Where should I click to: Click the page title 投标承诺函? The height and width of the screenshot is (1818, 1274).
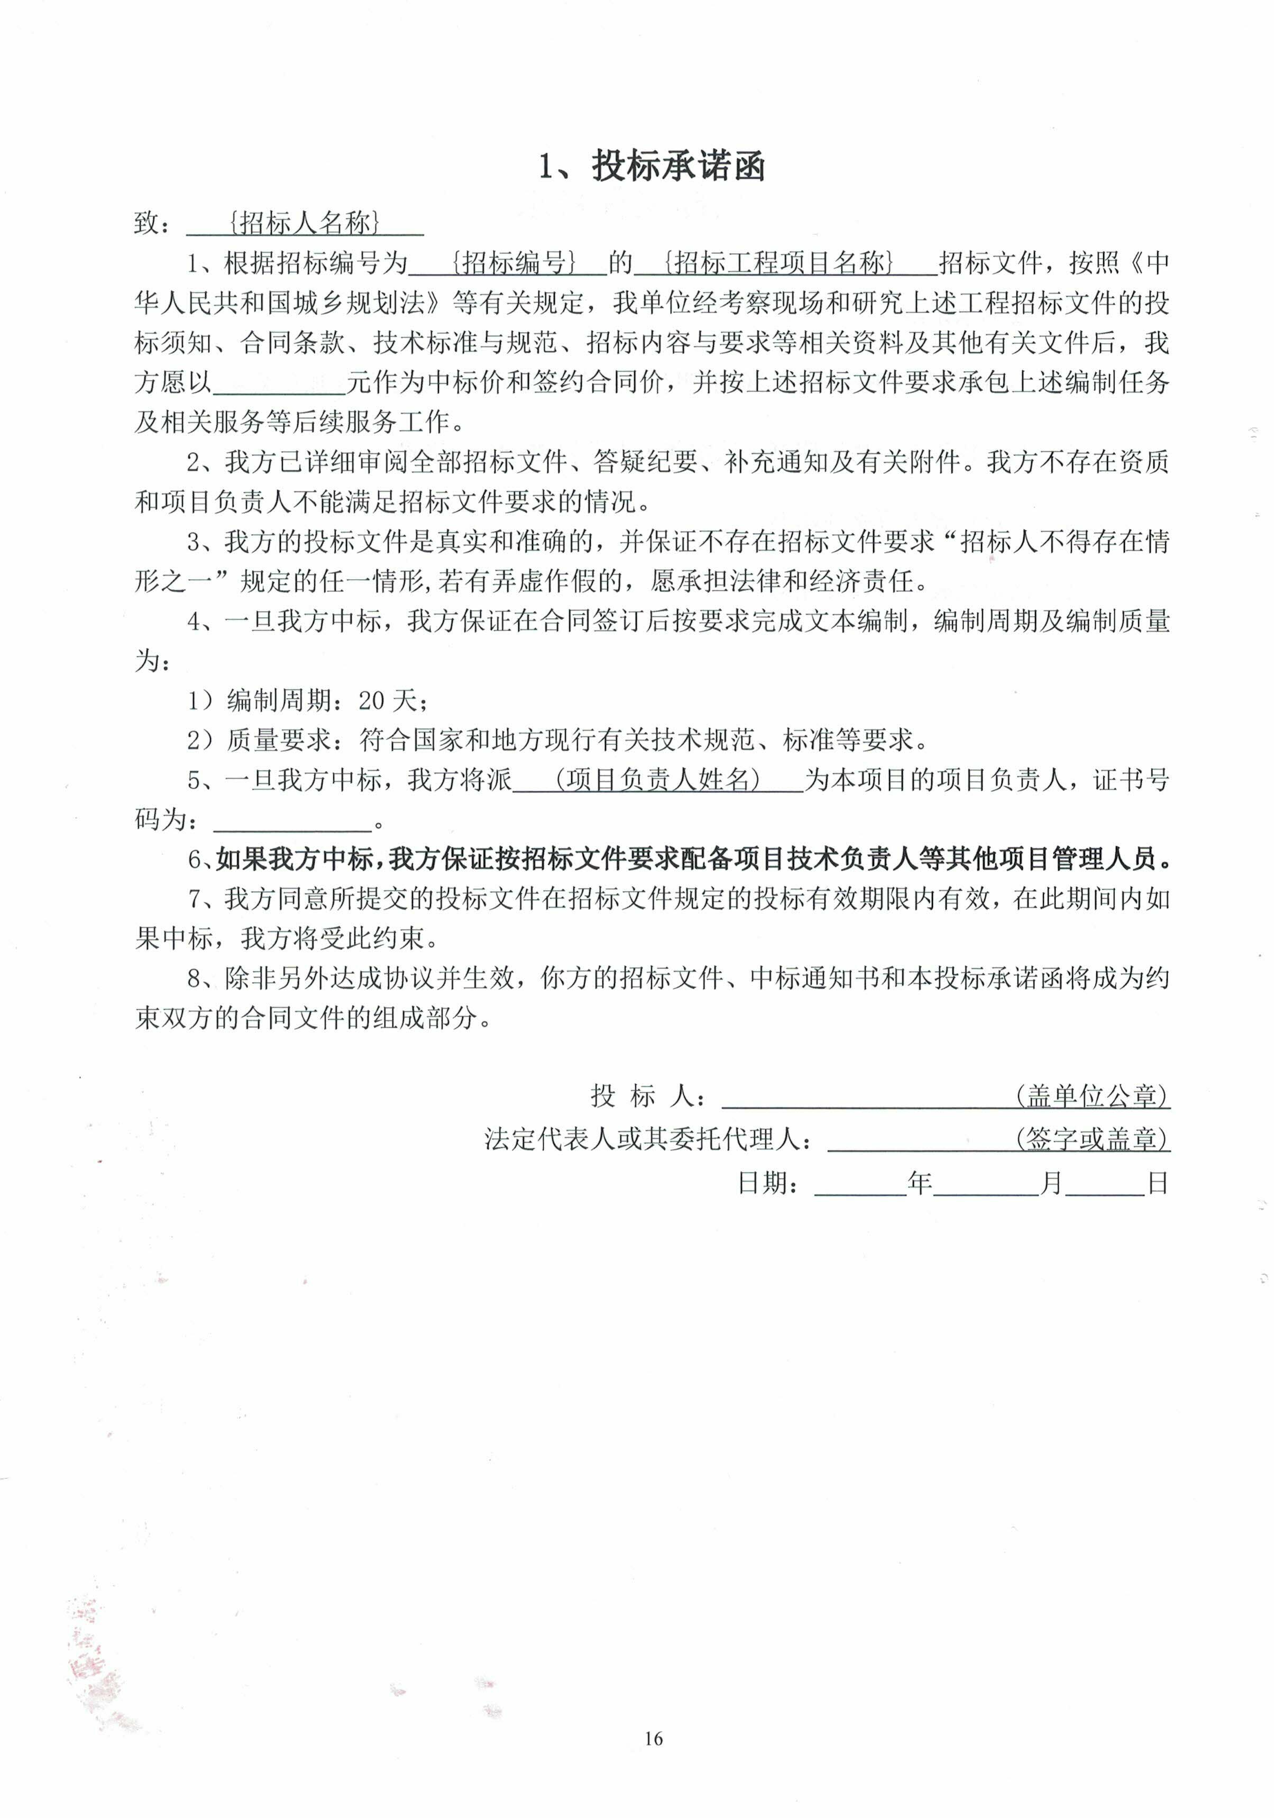coord(678,167)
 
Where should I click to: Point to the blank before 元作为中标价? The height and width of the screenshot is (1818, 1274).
coord(280,383)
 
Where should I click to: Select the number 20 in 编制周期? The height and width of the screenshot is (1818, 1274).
coord(371,700)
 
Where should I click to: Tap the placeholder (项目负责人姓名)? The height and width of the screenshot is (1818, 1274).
coord(657,780)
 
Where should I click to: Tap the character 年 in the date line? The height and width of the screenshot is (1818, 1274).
coord(919,1183)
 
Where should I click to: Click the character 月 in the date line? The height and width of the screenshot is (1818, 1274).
coord(1051,1183)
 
